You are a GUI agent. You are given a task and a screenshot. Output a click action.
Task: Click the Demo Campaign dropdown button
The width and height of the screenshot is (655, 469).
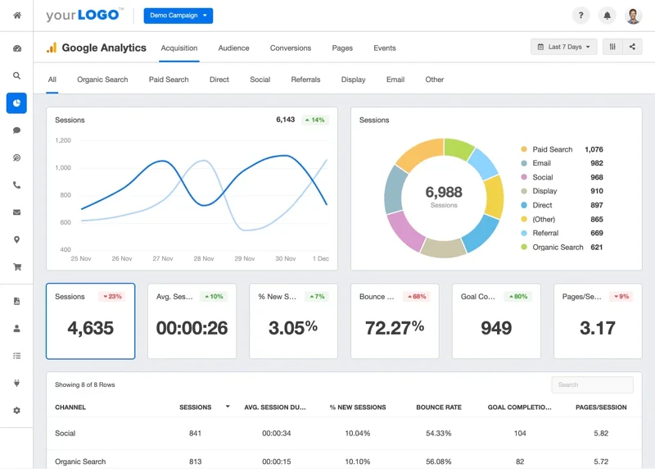tap(178, 16)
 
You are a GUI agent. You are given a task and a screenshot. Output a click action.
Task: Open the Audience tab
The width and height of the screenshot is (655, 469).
tap(233, 48)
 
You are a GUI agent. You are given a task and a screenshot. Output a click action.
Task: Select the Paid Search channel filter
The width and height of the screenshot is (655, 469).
tap(169, 80)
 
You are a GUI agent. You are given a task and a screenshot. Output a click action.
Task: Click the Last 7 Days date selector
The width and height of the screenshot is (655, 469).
tap(564, 47)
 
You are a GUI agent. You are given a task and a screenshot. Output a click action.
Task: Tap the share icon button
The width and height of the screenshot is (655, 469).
tap(632, 47)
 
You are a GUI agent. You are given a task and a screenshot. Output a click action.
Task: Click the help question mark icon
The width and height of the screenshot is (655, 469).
tap(580, 16)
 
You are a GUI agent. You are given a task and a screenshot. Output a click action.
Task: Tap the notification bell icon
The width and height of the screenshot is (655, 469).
tap(607, 16)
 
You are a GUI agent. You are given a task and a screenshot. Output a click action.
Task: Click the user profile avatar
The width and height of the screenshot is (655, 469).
tap(633, 16)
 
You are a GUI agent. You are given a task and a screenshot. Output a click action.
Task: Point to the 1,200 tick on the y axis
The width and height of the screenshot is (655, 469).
tap(63, 140)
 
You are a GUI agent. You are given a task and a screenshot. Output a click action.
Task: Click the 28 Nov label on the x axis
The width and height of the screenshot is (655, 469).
tap(203, 258)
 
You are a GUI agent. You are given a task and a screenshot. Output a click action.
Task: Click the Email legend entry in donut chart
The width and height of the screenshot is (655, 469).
tap(541, 163)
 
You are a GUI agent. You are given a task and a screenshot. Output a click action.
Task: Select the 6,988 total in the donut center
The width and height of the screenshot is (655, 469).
tap(444, 193)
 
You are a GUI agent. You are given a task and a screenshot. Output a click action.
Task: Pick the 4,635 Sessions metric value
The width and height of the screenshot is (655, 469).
tap(90, 328)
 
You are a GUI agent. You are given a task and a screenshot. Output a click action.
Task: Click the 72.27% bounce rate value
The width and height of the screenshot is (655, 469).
tap(395, 328)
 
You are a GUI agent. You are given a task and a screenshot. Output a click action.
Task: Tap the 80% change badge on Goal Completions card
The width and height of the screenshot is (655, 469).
tap(517, 296)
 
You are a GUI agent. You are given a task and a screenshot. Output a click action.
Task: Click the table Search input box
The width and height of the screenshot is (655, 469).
tap(592, 385)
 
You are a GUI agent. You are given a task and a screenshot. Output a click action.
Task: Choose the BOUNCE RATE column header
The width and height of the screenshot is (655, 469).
tap(439, 408)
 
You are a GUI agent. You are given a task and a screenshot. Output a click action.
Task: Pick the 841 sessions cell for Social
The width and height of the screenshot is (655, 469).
tap(195, 433)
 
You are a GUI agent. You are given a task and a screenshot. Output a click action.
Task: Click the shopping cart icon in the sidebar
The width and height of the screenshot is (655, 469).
tap(16, 266)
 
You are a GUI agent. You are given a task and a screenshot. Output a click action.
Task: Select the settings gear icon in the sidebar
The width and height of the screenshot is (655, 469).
tap(16, 410)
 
